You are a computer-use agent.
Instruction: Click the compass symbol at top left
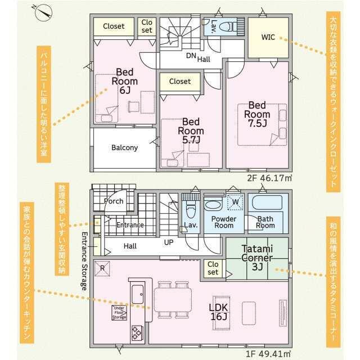coord(43,13)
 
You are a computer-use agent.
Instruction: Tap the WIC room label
coord(268,37)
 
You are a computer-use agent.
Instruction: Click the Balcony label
coord(125,147)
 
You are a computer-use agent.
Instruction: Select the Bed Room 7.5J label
coord(257,114)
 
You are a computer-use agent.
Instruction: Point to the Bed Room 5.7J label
coord(191,130)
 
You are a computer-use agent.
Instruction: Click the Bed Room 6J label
coord(125,81)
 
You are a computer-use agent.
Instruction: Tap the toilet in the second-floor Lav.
coord(228,26)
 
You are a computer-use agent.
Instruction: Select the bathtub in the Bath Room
coord(267,202)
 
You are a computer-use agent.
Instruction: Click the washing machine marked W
coord(235,202)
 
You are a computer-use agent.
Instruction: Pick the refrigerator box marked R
coord(102,268)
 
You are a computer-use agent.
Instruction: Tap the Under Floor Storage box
coord(119,313)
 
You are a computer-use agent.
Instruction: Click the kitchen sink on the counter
coord(138,294)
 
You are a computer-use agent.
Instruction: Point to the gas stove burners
coord(137,332)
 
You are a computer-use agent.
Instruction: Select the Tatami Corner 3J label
coord(257,258)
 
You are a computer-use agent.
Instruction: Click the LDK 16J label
coord(219,312)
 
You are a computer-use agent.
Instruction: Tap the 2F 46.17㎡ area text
coord(269,178)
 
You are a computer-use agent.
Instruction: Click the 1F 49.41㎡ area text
coord(268,354)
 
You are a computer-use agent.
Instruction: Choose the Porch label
coord(114,201)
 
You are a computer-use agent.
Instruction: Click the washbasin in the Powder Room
coord(213,204)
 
